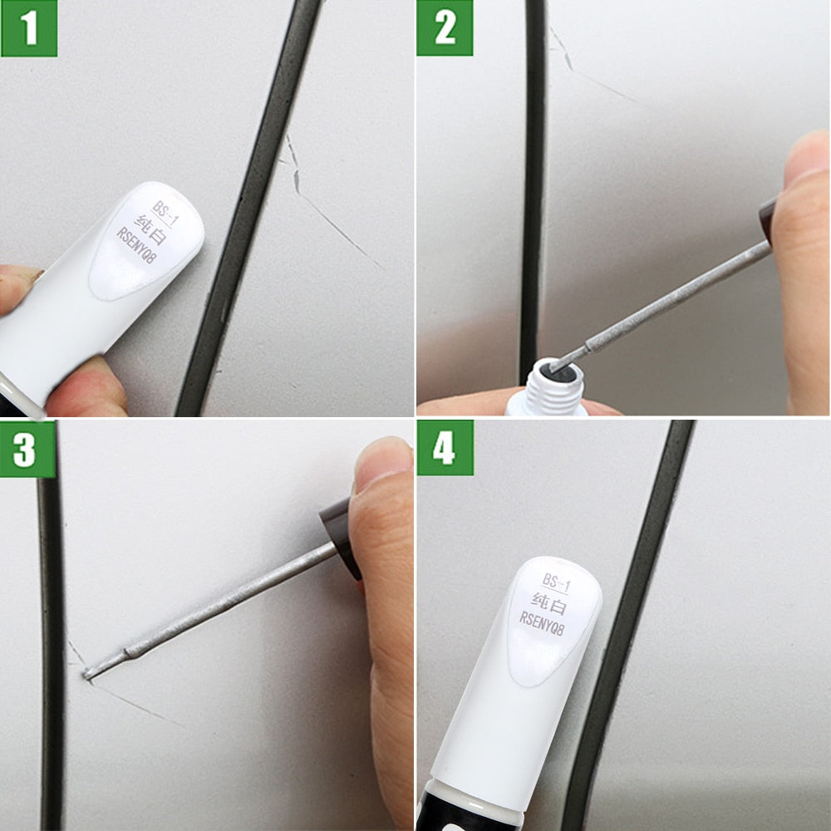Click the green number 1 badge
[29, 28]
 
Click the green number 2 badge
[445, 28]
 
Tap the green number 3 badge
[27, 449]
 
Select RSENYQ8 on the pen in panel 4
[542, 618]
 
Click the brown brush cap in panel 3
[339, 532]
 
